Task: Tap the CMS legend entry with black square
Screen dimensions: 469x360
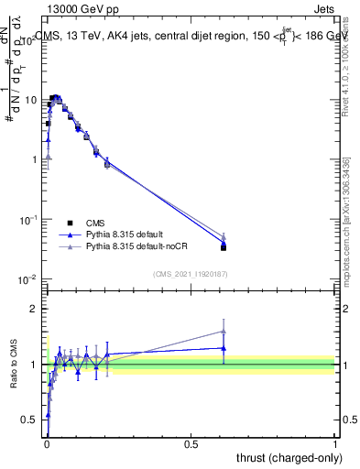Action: (95, 223)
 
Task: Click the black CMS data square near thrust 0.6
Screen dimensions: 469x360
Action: (224, 247)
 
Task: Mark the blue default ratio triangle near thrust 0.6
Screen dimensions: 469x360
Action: (224, 348)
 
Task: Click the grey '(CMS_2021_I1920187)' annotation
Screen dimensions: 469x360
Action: (191, 273)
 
